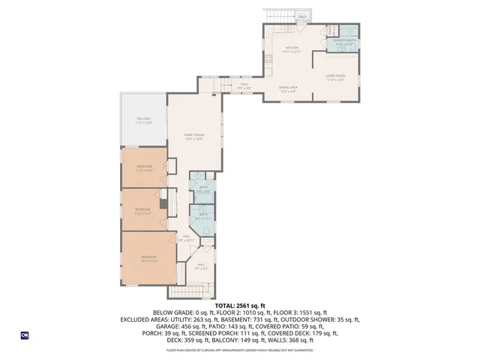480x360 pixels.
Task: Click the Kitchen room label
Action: pos(291,49)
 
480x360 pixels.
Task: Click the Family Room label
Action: pos(194,136)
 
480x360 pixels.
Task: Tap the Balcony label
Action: pos(143,120)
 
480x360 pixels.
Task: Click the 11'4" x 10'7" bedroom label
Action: pos(142,211)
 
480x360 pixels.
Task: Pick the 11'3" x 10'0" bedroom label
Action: pos(145,168)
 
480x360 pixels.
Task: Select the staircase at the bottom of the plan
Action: pos(186,292)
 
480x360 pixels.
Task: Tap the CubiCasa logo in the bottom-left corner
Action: pos(25,335)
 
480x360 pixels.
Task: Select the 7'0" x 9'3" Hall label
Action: pos(201,266)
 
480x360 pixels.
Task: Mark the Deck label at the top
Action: pos(303,17)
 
